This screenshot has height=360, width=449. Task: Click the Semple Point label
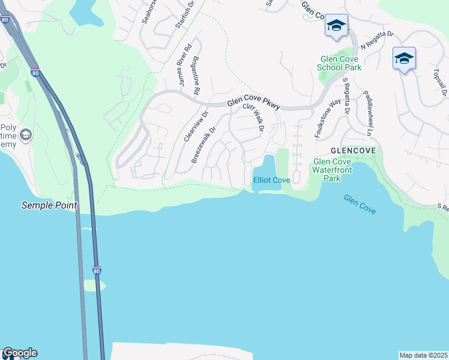pos(49,205)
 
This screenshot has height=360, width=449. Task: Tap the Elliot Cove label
pos(272,180)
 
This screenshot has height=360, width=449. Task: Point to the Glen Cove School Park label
pos(340,64)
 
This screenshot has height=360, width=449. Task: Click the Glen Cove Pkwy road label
pos(253,104)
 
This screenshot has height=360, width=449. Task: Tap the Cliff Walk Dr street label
pos(253,117)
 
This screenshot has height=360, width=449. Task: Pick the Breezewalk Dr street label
pos(203,145)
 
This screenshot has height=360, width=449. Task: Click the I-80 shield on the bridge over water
pos(97,270)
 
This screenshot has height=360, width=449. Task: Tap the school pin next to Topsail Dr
pos(404,59)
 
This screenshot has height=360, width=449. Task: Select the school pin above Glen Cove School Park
pos(336,26)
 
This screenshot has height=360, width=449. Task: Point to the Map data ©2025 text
pos(423,355)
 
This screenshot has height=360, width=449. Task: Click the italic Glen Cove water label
pos(360,205)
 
